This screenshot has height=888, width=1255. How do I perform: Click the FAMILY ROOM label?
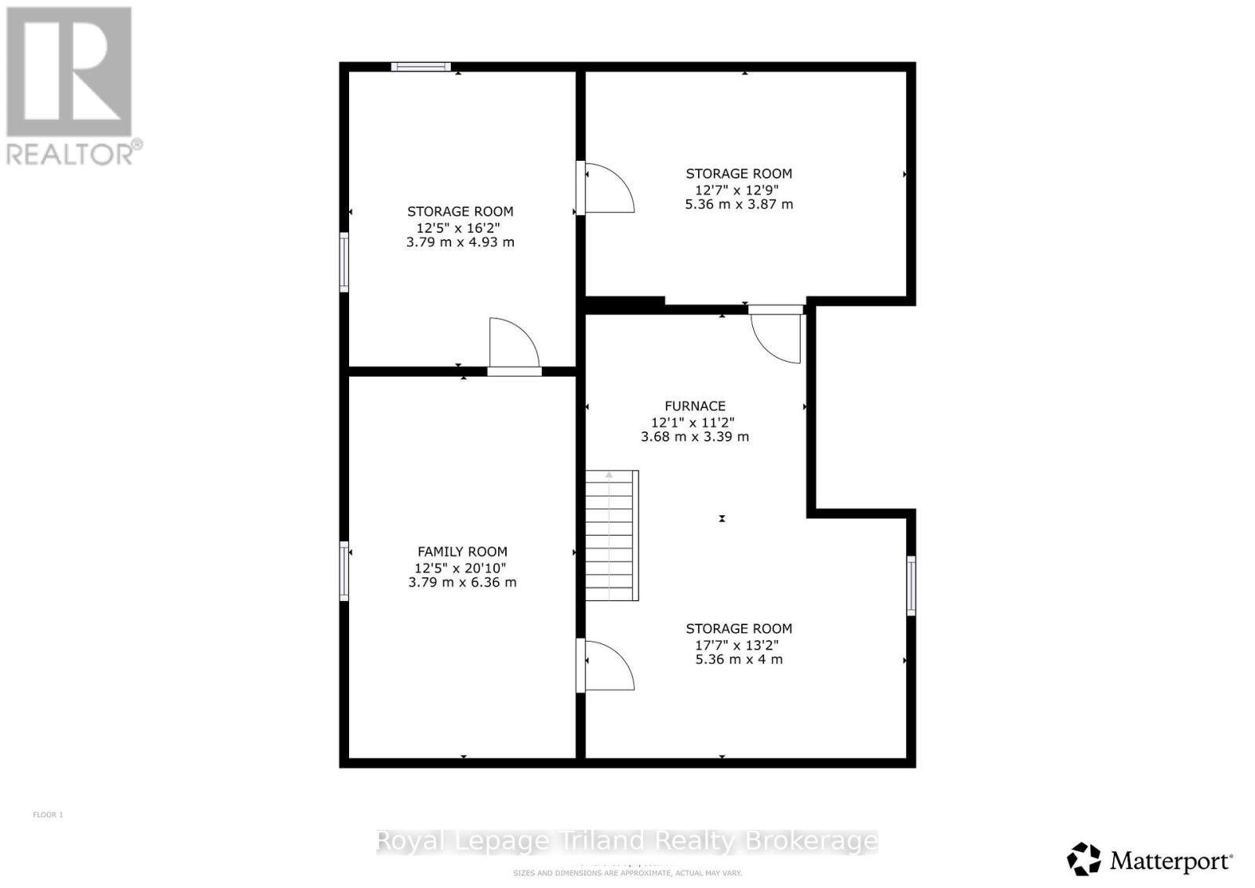[462, 551]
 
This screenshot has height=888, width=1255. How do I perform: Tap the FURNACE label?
[695, 406]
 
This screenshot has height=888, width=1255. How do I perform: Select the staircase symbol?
[612, 535]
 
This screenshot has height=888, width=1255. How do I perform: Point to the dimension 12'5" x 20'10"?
[461, 568]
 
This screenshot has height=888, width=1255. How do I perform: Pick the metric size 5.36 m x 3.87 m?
[739, 204]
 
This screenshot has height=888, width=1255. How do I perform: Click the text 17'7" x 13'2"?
[738, 645]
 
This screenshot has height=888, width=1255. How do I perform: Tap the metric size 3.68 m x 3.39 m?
[695, 436]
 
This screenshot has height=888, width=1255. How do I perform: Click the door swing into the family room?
[606, 665]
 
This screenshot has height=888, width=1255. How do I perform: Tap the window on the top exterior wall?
[421, 67]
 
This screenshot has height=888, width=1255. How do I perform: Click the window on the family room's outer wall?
[344, 571]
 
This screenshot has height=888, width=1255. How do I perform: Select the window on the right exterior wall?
[911, 585]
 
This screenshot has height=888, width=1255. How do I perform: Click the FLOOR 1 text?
[48, 814]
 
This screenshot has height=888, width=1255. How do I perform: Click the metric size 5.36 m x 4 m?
[738, 660]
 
